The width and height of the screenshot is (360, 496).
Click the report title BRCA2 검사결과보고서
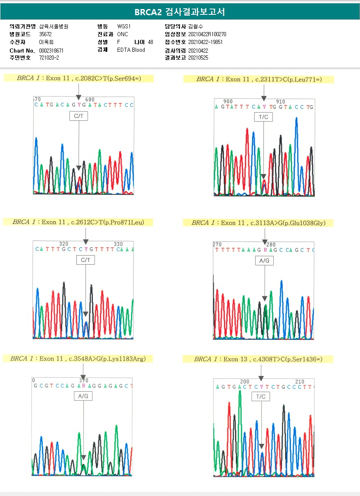(x=180, y=12)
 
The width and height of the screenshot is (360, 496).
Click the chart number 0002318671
(x=51, y=50)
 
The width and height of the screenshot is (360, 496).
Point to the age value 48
(x=150, y=42)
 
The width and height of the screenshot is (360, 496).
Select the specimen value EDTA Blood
(x=131, y=50)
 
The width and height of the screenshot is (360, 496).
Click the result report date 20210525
(x=198, y=58)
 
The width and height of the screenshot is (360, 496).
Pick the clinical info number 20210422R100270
(x=207, y=34)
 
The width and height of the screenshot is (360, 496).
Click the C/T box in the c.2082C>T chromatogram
(x=78, y=116)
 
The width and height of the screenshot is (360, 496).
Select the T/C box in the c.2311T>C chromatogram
(x=263, y=117)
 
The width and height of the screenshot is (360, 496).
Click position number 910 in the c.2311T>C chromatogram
(x=281, y=102)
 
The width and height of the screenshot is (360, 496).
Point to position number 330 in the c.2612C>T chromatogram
(x=118, y=244)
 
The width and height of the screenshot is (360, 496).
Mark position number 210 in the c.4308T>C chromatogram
(x=300, y=382)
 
